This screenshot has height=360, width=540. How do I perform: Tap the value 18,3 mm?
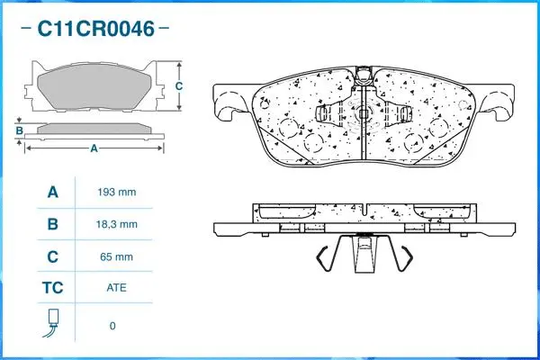coord(115,224)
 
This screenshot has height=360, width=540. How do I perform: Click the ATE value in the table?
coord(115,289)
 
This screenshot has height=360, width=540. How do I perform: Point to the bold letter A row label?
coord(52,192)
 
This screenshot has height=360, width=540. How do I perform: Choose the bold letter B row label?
coord(52,224)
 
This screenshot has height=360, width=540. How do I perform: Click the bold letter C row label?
coord(52,256)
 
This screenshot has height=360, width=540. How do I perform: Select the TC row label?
coord(52,289)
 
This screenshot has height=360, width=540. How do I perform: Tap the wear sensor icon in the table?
coord(51,323)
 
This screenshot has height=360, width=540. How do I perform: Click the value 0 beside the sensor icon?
coord(112,325)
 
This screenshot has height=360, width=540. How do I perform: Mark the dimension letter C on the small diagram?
coord(179,86)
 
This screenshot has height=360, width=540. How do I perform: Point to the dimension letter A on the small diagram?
coord(94,149)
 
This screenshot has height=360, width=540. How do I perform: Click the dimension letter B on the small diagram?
coord(19,131)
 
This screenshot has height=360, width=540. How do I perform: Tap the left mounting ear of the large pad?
coord(227,102)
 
